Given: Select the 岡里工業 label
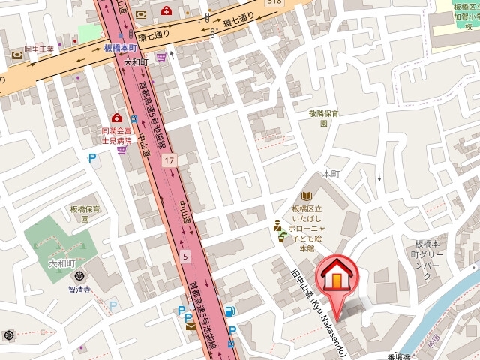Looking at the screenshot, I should (x=39, y=49).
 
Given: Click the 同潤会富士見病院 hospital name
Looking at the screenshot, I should (x=121, y=135).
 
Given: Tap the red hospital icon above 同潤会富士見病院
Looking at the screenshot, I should (x=116, y=118).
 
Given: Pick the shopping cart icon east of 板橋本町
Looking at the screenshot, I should (x=160, y=56).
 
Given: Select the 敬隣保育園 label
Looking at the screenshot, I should (x=324, y=118).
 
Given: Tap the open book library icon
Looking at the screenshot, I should (x=307, y=195).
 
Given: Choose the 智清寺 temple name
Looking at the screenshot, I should (x=79, y=289).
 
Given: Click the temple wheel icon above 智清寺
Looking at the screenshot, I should (x=79, y=276).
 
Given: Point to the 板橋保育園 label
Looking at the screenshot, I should (x=85, y=214).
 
